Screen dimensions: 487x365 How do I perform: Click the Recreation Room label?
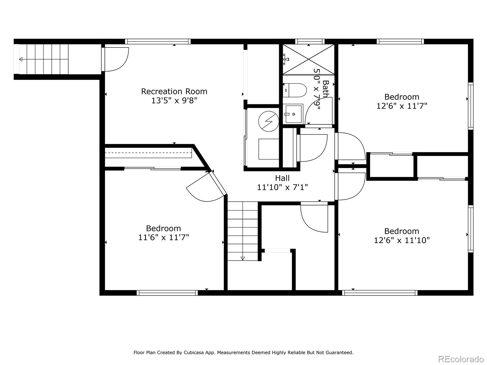pyautogui.click(x=174, y=91)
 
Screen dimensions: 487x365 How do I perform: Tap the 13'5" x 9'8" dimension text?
pyautogui.click(x=174, y=101)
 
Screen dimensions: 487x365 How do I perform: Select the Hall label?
pyautogui.click(x=282, y=178)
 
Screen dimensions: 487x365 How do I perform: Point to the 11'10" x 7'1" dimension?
pyautogui.click(x=282, y=187)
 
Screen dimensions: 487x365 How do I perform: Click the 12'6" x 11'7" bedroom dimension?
pyautogui.click(x=401, y=106)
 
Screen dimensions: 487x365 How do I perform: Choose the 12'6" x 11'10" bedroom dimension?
pyautogui.click(x=401, y=240)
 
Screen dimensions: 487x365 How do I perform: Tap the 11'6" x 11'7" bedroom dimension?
pyautogui.click(x=163, y=237)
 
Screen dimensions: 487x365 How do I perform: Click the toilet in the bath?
pyautogui.click(x=295, y=90)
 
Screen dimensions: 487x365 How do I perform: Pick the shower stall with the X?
pyautogui.click(x=308, y=59)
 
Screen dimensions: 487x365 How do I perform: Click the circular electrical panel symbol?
pyautogui.click(x=269, y=121)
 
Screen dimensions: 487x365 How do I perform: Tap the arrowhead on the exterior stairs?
pyautogui.click(x=21, y=59)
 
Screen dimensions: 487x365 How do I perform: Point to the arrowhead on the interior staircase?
pyautogui.click(x=243, y=259)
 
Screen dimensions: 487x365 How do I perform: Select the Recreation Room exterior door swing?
pyautogui.click(x=115, y=59)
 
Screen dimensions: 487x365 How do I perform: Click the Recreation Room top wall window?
pyautogui.click(x=158, y=41)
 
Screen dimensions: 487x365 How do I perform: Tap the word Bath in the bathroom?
pyautogui.click(x=325, y=89)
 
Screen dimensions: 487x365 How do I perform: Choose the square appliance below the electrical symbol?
pyautogui.click(x=269, y=149)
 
